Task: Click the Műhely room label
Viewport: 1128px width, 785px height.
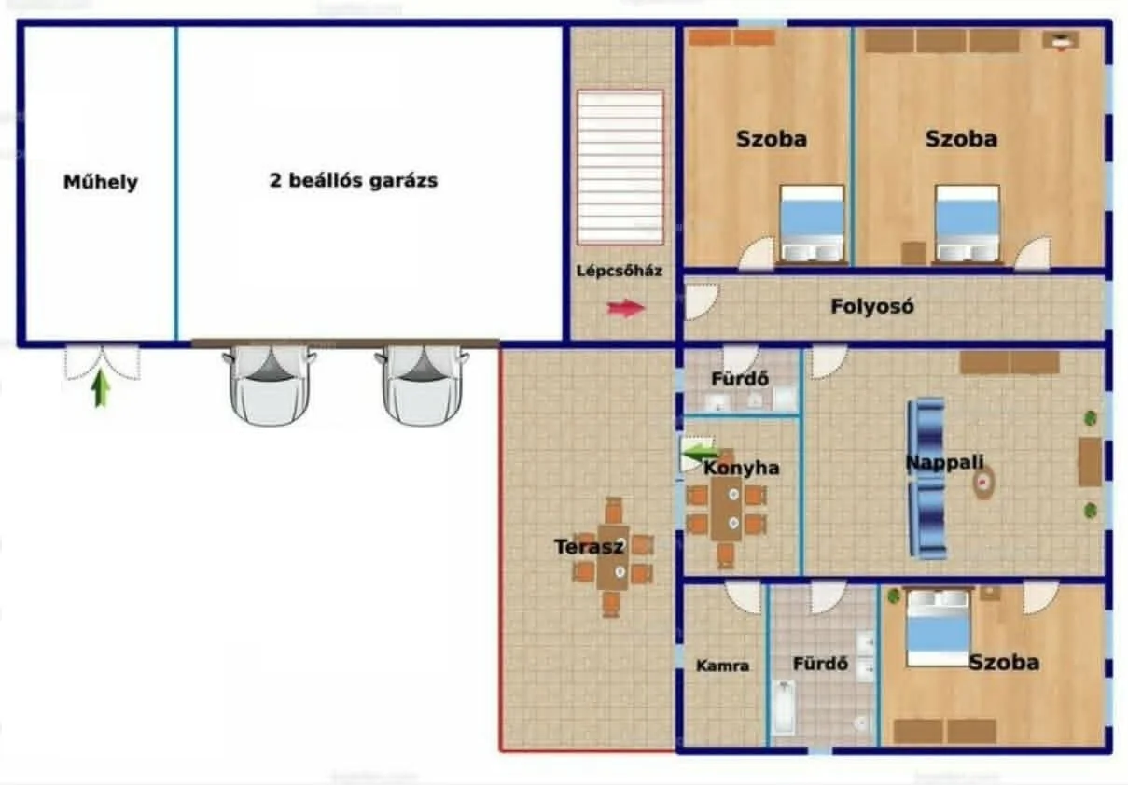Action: tap(101, 182)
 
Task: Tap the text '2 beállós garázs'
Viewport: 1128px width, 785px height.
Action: tap(354, 180)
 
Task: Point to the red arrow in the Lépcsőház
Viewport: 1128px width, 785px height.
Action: tap(626, 308)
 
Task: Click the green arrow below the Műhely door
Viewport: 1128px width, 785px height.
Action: tap(101, 387)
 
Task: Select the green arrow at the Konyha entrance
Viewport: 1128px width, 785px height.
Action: tap(701, 454)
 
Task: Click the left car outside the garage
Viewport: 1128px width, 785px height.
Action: tap(270, 385)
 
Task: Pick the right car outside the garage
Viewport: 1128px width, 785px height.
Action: tap(422, 385)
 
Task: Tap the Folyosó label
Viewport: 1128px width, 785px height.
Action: tap(872, 306)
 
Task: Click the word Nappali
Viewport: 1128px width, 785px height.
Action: tap(945, 462)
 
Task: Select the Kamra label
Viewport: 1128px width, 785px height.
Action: tap(723, 666)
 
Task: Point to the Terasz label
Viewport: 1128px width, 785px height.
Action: tap(589, 547)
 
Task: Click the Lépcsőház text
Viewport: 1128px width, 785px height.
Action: tap(620, 271)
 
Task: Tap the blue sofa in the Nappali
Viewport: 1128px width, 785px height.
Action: tap(927, 479)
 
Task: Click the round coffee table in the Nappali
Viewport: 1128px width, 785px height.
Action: tap(983, 483)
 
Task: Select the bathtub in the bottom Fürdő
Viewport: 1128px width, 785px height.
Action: tap(783, 708)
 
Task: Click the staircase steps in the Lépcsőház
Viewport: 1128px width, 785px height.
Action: tap(620, 168)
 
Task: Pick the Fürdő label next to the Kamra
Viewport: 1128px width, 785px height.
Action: tap(820, 664)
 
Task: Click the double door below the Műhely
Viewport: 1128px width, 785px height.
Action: tap(103, 362)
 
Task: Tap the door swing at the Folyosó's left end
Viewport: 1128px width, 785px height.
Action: tap(701, 301)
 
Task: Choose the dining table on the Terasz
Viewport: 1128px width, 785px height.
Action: tap(612, 558)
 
